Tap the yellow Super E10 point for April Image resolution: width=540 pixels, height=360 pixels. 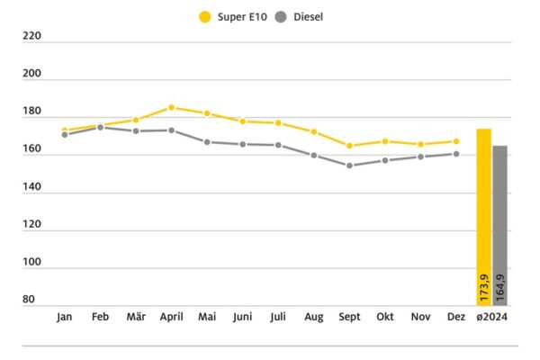point(172,107)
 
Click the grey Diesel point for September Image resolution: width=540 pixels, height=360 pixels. point(349,166)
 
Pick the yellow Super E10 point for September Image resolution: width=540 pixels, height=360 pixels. point(349,146)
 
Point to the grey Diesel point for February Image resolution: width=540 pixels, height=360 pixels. point(101,127)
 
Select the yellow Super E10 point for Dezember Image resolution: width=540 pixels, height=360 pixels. point(456,141)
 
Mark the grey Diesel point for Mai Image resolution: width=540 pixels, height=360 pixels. point(207,142)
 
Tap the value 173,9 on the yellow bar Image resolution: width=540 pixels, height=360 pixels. point(484,288)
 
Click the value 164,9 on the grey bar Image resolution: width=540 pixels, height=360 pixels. point(500,288)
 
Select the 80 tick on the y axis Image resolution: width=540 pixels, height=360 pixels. point(30,300)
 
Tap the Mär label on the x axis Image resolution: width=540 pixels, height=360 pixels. point(136,318)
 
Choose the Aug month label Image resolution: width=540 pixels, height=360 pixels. point(313,318)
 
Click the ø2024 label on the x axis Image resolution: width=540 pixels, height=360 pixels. point(491,318)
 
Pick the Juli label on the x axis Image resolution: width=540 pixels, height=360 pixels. point(278,318)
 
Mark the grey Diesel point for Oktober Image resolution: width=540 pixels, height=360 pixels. point(385,160)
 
